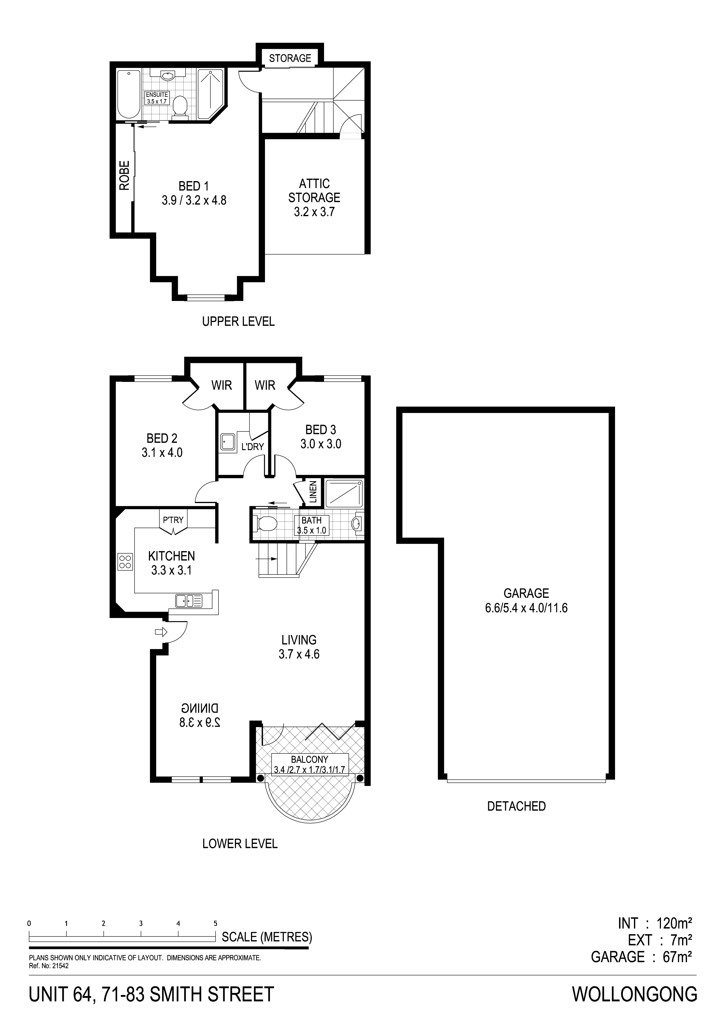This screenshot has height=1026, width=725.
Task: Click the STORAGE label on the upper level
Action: coord(290,58)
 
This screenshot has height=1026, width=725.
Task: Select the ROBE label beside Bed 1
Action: coord(124,175)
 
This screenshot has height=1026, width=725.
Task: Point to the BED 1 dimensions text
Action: coord(194,200)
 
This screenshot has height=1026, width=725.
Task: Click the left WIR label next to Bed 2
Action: coord(222,385)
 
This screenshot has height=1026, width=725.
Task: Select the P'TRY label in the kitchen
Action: coord(173,520)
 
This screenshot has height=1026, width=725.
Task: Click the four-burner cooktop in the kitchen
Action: coord(125,562)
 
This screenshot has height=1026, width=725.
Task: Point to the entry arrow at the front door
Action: coord(160,632)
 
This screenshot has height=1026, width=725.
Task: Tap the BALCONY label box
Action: coord(310,765)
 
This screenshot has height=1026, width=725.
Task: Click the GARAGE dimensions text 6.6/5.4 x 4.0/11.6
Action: coord(526,608)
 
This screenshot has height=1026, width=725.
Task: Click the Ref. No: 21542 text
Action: coord(49,951)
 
